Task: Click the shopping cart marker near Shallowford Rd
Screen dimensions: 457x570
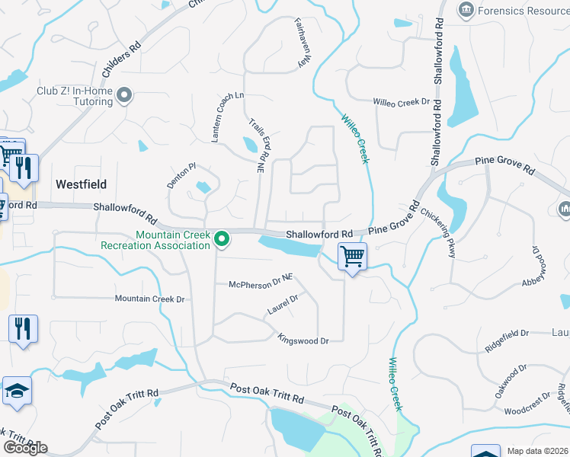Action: [352, 256]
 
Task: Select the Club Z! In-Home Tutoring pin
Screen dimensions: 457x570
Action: [125, 96]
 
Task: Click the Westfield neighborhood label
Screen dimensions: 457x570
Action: [81, 184]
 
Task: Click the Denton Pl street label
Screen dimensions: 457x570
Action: [182, 176]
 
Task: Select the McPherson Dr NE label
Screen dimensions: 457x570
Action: [261, 284]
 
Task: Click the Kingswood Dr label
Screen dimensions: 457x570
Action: [303, 340]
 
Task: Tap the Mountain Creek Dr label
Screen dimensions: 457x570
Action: [150, 299]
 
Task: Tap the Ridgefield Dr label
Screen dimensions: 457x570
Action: [507, 339]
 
